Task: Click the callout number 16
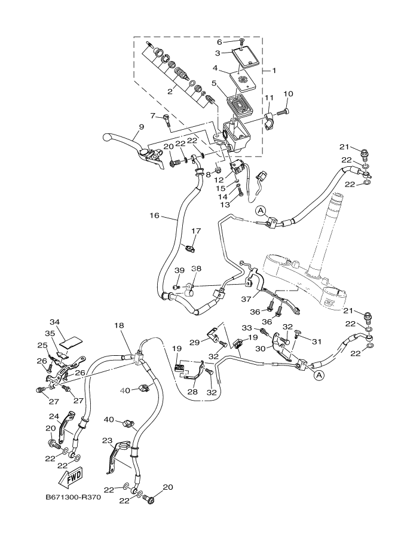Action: (x=154, y=215)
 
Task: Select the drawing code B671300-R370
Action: (x=73, y=497)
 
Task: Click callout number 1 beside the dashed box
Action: (x=274, y=71)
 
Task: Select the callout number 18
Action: (x=119, y=326)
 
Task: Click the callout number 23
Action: (x=107, y=440)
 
